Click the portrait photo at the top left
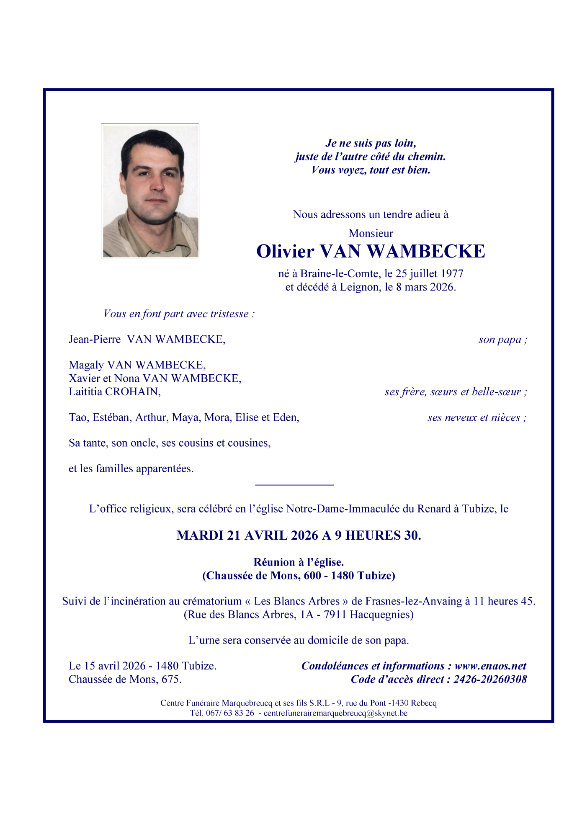point(150,191)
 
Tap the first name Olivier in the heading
point(285,252)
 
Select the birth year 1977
point(452,274)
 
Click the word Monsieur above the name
point(371,233)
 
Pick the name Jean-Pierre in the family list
point(95,339)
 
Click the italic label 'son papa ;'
point(502,340)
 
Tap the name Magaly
point(86,365)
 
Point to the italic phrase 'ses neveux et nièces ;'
point(477,417)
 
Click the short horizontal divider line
point(294,485)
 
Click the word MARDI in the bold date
point(200,535)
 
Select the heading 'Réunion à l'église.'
point(299,562)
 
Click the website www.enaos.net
point(490,666)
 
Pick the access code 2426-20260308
point(490,680)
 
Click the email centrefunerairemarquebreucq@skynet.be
point(335,713)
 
